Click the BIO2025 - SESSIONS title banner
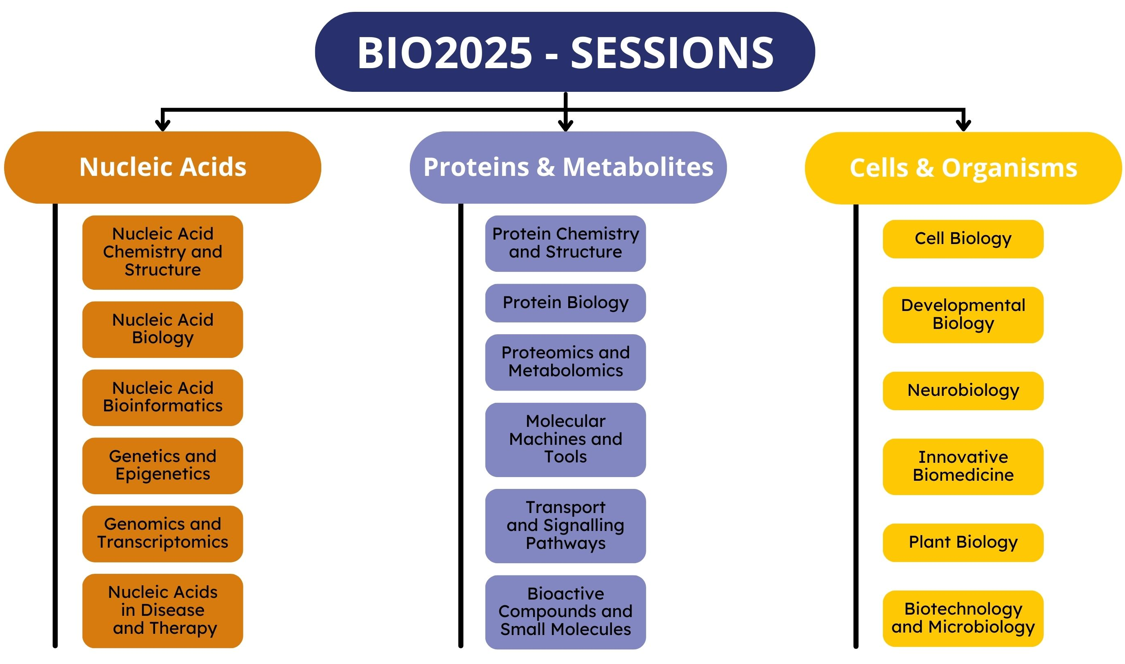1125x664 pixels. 565,52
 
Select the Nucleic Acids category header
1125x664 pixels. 162,167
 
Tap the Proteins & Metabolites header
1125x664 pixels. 568,167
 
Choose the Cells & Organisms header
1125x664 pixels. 963,168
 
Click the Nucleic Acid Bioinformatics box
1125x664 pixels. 162,398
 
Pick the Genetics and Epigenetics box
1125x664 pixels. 162,466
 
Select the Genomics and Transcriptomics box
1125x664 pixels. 162,534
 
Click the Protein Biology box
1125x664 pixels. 566,303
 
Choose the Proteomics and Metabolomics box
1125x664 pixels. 566,362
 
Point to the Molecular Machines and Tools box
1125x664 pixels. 566,440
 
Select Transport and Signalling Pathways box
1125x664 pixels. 566,526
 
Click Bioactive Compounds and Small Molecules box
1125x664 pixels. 566,612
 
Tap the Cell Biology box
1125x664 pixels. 963,239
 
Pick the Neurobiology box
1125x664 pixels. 963,391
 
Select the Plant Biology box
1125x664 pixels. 963,543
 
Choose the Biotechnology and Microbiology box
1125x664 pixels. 963,619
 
